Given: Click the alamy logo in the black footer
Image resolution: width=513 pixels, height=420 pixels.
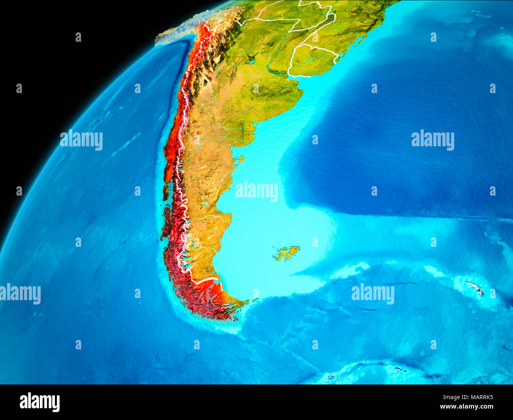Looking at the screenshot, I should [x=39, y=402].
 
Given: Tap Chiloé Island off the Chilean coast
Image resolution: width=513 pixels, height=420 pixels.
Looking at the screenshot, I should [x=166, y=194].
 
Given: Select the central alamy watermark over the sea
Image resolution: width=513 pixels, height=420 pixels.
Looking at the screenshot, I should [x=256, y=191].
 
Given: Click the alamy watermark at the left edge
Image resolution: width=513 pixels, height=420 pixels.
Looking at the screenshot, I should [x=20, y=294].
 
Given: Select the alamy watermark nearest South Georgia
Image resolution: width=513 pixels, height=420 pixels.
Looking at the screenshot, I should [x=373, y=294].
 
